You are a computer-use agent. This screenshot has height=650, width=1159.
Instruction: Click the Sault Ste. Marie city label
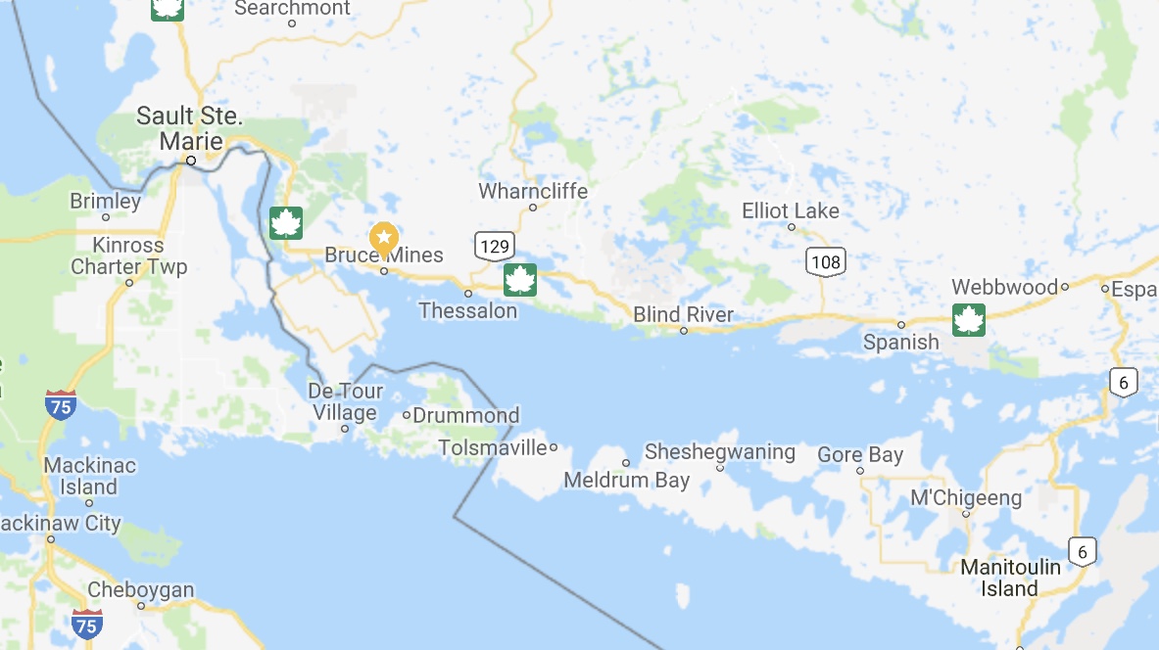tap(189, 128)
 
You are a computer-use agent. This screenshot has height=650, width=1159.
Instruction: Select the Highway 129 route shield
tap(494, 246)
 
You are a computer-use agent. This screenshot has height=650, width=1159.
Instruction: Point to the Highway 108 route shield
tap(826, 261)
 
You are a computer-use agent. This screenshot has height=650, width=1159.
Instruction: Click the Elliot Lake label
tap(791, 210)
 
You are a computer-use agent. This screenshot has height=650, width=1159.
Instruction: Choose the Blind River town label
tap(683, 314)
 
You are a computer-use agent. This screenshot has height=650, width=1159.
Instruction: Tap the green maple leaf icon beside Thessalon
tap(520, 280)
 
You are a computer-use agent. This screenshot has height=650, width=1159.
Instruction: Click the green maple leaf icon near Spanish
tap(968, 320)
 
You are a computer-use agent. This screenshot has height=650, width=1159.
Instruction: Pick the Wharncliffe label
tap(533, 191)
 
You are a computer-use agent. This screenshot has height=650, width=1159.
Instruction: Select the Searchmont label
tap(292, 9)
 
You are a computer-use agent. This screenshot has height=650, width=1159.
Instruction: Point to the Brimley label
tap(105, 201)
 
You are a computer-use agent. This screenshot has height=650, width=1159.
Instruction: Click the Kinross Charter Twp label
tap(128, 255)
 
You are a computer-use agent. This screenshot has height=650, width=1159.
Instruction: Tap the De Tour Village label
tap(346, 402)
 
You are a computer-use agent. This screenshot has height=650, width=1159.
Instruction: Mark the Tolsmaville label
tap(492, 447)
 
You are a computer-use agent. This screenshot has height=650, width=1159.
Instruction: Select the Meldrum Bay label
tap(626, 481)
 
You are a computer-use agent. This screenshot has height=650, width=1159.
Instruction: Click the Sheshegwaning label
tap(719, 452)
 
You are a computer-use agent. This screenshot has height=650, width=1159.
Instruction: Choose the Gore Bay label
tap(859, 455)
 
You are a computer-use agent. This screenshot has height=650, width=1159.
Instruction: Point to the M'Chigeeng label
tap(965, 498)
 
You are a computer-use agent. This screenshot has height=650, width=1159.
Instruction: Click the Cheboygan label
tap(140, 590)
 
